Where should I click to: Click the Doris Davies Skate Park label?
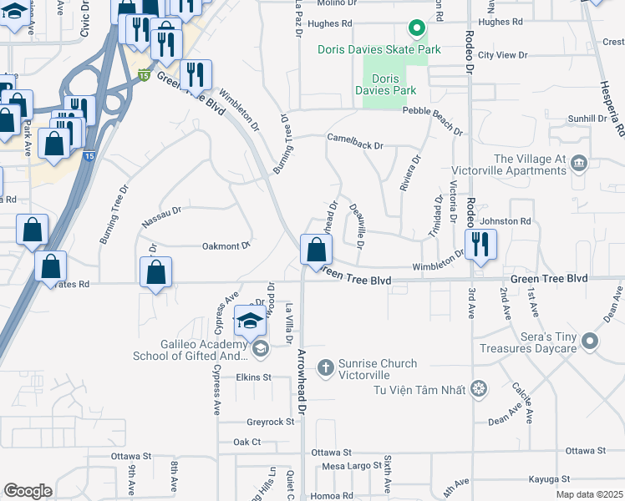(x=379, y=50)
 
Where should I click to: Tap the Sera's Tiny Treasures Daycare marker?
(x=591, y=341)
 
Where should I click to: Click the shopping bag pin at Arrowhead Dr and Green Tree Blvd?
(x=316, y=250)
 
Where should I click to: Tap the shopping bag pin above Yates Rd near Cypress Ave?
(x=156, y=272)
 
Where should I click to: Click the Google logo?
(x=28, y=491)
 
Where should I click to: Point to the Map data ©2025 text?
(x=589, y=494)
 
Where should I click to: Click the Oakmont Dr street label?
(x=226, y=246)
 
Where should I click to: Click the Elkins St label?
(x=254, y=377)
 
